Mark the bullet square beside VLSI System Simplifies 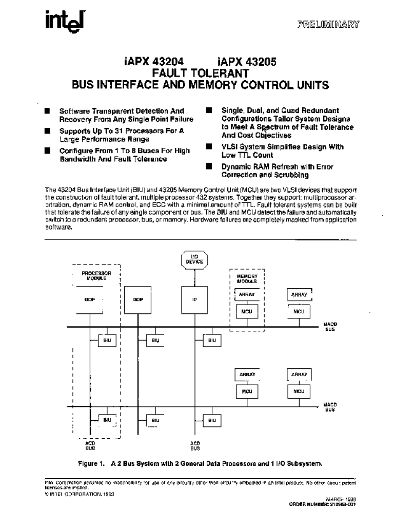point(209,147)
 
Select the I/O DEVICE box point(194,259)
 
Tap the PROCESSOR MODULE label point(96,275)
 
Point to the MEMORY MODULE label point(246,278)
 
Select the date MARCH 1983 point(341,499)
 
